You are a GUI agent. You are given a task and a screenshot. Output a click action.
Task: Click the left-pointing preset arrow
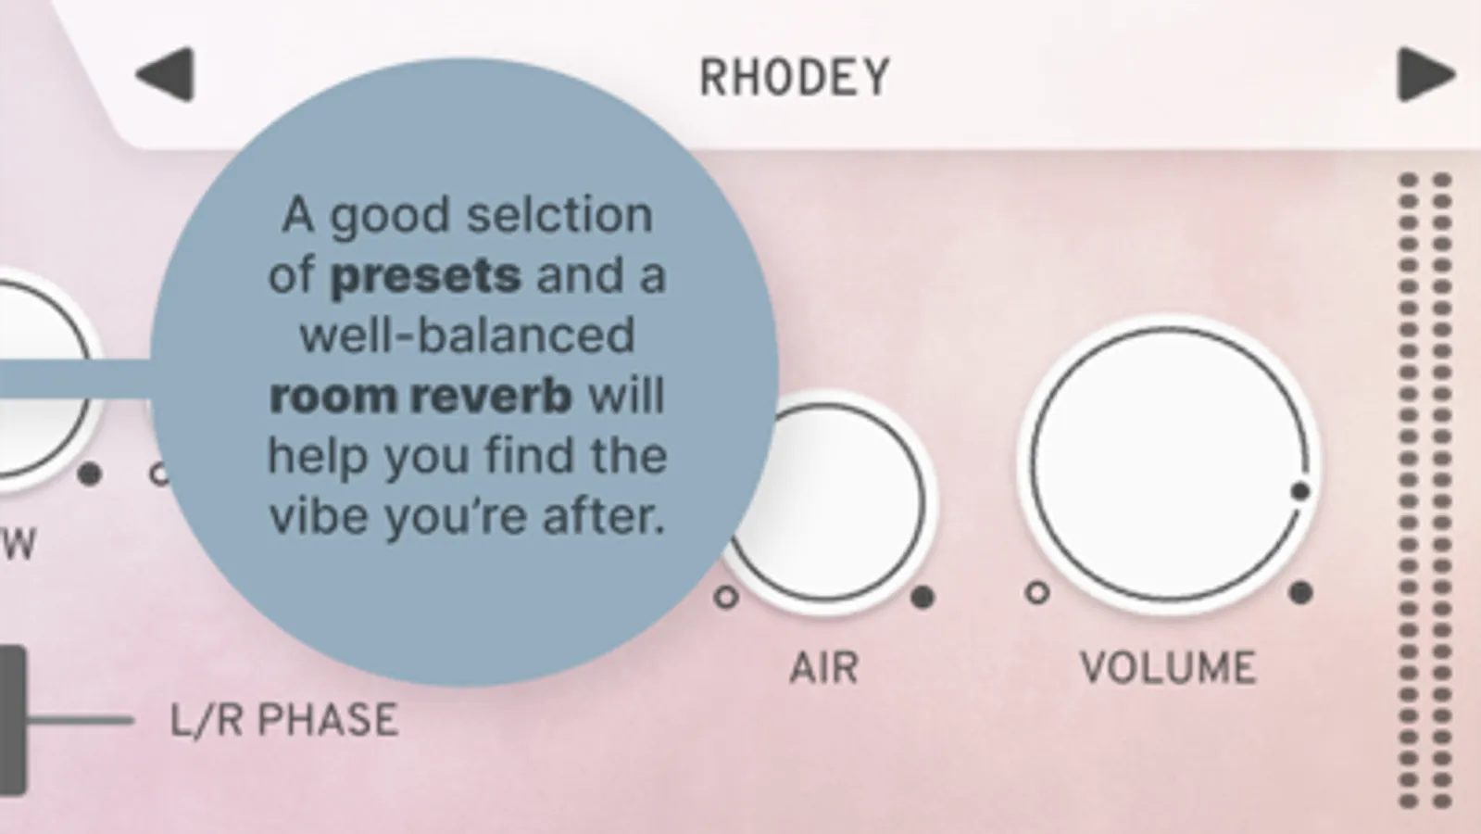pos(167,74)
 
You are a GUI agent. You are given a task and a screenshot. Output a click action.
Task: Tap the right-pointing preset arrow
pos(1426,74)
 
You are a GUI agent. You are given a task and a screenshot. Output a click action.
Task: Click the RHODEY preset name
pos(795,78)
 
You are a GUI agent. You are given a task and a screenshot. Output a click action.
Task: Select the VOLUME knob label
pos(1168,667)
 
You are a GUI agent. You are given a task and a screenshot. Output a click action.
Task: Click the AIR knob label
pos(824,667)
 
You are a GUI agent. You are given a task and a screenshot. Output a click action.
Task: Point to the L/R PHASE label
pos(285,720)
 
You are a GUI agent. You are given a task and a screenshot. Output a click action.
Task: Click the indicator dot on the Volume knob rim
pos(1299,491)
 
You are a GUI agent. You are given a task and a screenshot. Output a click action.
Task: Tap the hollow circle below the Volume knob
pos(1037,592)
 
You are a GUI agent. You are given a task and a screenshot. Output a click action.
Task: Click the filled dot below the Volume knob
pos(1300,592)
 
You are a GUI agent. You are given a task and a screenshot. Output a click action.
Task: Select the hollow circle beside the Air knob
pos(727,597)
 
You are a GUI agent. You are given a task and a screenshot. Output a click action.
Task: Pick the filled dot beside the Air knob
pos(923,597)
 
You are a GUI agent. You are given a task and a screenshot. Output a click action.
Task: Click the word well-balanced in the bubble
pos(468,335)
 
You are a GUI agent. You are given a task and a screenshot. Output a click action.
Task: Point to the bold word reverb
pos(491,397)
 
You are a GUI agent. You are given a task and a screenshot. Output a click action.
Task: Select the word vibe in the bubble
pos(319,516)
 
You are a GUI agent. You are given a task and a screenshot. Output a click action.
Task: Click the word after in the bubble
pos(602,516)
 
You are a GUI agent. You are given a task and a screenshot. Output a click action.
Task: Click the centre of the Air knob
pos(826,502)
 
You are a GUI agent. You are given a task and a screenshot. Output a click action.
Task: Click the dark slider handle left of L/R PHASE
pos(12,720)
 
